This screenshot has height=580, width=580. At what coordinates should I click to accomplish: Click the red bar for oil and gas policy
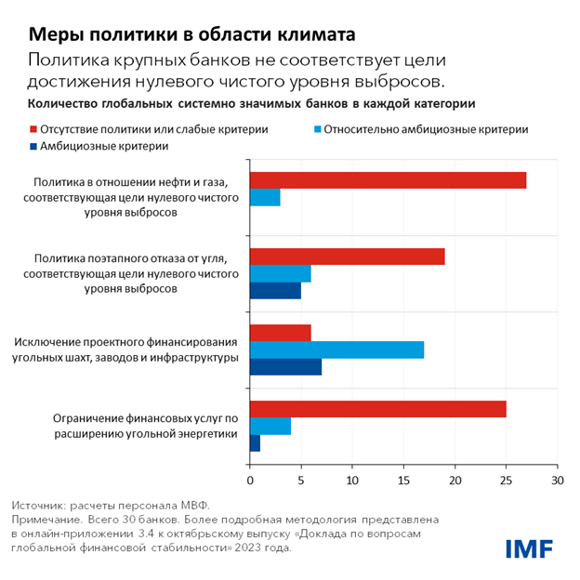(x=388, y=180)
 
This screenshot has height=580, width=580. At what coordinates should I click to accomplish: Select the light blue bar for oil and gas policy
(x=265, y=198)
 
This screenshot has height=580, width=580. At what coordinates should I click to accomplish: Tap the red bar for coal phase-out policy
(x=347, y=257)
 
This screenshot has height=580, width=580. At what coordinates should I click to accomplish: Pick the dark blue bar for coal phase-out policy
(x=275, y=292)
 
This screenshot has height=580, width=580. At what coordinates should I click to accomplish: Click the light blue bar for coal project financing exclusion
(x=336, y=349)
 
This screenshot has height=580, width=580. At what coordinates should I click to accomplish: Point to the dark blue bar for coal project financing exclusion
(x=285, y=367)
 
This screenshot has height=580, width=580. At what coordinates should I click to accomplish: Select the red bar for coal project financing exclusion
(x=280, y=333)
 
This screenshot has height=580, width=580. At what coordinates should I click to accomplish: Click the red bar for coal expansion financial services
(x=377, y=409)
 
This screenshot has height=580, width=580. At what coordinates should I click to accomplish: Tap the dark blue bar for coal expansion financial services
(x=255, y=444)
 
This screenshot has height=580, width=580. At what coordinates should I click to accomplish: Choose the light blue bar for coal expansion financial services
(x=270, y=427)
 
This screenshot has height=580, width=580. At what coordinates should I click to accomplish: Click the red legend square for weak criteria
(x=33, y=129)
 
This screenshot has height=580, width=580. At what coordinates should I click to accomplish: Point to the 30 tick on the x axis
(x=557, y=481)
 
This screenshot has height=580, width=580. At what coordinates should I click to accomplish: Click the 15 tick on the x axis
(x=403, y=481)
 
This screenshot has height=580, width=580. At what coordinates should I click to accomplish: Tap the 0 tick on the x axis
(x=250, y=481)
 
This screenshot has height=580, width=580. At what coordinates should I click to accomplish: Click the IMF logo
(x=530, y=548)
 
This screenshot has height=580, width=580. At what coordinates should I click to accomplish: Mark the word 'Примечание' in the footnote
(x=46, y=520)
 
